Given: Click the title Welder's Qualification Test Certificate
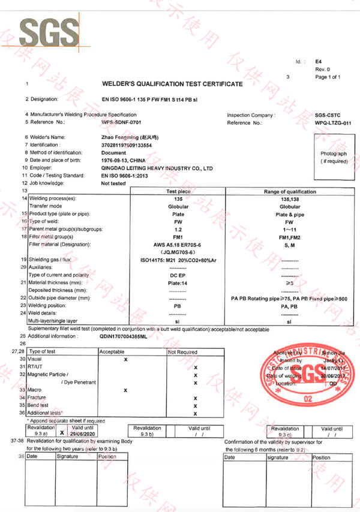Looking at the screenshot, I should coord(172,84).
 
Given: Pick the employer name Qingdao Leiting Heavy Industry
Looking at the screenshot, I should coord(157,168).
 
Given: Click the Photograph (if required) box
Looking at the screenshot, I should coord(334,158).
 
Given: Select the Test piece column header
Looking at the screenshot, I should coord(178,191).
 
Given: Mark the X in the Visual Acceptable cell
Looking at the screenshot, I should coord(125,359).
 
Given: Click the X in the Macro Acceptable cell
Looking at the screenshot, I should coord(125,390).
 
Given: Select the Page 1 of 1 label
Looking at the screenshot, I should coord(328,77).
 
